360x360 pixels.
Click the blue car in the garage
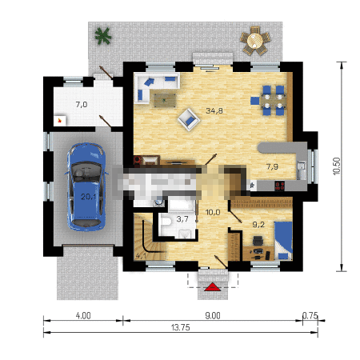(86, 186)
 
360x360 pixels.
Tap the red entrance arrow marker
(213, 287)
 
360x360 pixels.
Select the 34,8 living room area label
(214, 110)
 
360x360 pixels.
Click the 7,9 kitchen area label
(272, 167)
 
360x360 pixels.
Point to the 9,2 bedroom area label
(258, 225)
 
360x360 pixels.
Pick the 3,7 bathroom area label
(182, 219)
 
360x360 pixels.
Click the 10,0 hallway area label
(213, 213)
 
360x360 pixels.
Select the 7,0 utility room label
(82, 105)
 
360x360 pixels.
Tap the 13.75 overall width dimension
(181, 327)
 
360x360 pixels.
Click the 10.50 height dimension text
(337, 166)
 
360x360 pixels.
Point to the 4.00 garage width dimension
(83, 316)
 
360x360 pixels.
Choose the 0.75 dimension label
(310, 316)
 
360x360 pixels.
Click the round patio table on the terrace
(255, 41)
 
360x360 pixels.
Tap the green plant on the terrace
(103, 36)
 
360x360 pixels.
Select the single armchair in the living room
(189, 120)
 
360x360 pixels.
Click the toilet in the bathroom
(166, 222)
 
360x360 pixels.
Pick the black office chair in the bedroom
(258, 241)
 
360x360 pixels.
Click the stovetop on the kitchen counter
(279, 186)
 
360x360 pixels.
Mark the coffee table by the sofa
(165, 100)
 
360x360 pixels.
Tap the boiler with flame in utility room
(60, 121)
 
